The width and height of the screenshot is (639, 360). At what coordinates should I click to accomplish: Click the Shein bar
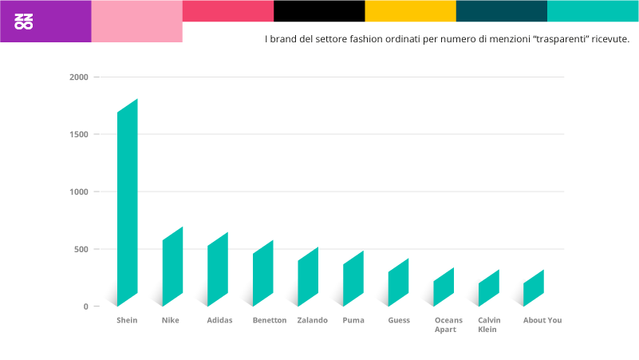point(128,203)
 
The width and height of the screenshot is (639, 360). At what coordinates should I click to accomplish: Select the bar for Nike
point(172,267)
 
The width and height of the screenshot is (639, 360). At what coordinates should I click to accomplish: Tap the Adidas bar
point(218,270)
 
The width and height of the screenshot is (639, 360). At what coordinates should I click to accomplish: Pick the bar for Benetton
point(263,273)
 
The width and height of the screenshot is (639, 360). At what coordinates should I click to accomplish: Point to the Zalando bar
point(308,277)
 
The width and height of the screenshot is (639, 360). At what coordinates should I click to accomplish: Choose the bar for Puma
point(353,279)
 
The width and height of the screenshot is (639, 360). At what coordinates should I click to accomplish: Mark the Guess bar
point(398,283)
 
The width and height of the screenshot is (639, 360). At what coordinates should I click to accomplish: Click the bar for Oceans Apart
point(444,287)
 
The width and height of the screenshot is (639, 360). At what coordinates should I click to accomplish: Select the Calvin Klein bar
point(488,288)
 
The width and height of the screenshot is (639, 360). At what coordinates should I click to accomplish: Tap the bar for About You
point(534,288)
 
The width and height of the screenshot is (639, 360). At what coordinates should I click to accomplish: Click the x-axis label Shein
point(127,320)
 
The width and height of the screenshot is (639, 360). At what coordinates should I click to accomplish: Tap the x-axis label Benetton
point(269,320)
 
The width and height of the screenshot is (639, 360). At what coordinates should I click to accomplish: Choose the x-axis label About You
point(542,320)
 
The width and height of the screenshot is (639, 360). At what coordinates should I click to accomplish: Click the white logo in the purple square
point(24,22)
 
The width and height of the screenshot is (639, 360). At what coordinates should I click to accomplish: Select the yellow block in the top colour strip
point(410,10)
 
